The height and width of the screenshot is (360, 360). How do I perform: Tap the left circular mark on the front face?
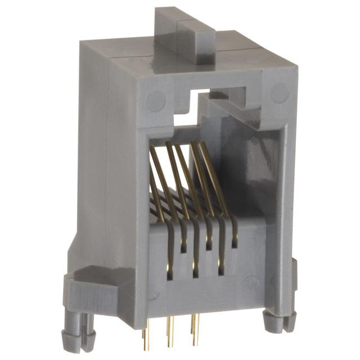click(156, 101)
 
